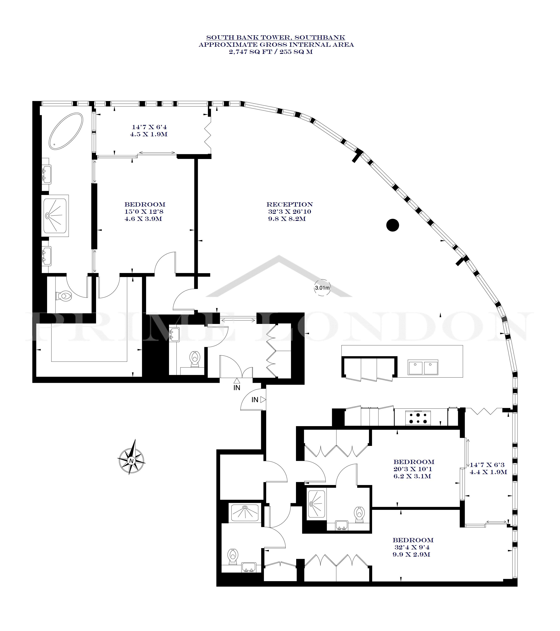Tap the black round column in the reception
393,225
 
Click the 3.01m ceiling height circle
322,288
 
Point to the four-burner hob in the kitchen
418,417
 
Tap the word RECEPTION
290,204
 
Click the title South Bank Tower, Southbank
276,38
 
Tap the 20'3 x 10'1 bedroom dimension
413,469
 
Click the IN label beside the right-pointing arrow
255,400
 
